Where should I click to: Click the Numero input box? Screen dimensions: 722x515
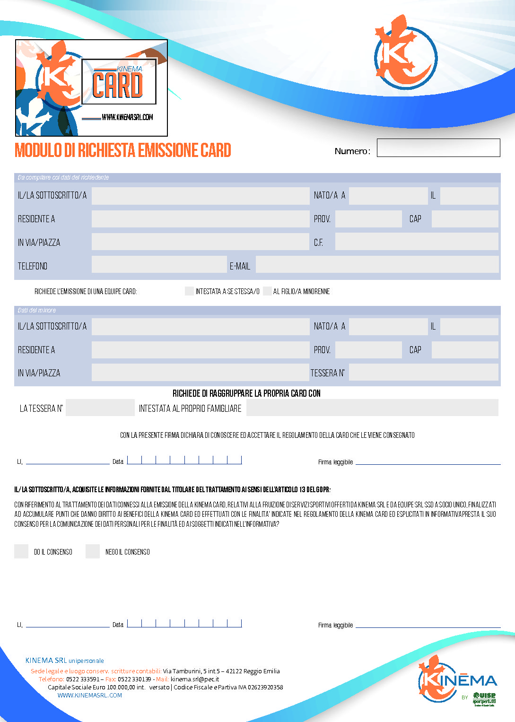click(438, 148)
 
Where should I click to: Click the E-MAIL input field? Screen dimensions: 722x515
click(377, 265)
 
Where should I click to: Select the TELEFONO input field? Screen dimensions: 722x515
click(159, 265)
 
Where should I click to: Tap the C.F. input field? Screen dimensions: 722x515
click(416, 242)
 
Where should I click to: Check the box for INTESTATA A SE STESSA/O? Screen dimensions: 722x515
click(190, 291)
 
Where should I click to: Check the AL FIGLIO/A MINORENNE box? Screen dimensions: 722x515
click(267, 291)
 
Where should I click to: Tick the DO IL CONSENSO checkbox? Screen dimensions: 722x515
click(21, 551)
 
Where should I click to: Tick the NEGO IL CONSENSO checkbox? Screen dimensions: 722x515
click(93, 551)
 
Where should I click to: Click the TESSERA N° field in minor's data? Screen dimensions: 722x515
click(423, 373)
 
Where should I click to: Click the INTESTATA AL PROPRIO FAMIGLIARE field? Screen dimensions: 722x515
click(372, 408)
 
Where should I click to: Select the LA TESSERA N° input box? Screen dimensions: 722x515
click(100, 408)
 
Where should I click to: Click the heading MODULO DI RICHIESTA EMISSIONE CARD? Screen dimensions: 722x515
click(123, 150)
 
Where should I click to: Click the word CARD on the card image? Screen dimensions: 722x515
click(118, 86)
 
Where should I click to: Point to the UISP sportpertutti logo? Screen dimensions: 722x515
click(484, 698)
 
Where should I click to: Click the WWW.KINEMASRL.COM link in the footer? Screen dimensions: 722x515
click(90, 695)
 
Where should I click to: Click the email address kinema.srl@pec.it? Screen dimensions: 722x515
click(195, 679)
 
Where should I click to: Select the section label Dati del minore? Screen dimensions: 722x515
click(37, 310)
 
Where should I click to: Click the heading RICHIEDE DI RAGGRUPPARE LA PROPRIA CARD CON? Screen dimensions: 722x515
click(246, 393)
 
